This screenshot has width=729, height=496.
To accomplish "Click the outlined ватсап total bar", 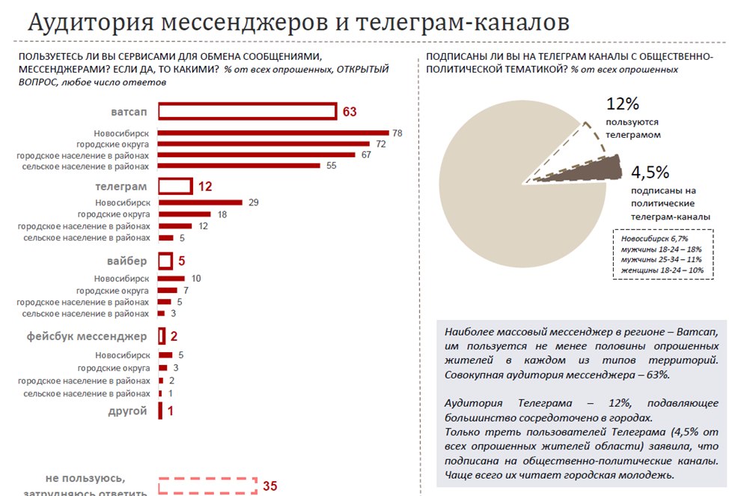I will point(248,112).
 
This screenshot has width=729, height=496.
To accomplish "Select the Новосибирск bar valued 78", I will point(273,133).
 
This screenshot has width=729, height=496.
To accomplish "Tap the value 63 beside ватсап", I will point(350,112).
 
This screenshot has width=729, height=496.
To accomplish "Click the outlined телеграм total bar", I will point(175,186).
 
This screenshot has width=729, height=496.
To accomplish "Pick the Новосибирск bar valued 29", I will point(201,202).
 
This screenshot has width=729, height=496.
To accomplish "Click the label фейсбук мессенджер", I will point(88,336).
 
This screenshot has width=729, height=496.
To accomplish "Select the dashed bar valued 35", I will point(207,486).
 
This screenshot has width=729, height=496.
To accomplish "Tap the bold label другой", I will point(130,411).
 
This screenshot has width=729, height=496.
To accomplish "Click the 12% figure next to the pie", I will point(623,104).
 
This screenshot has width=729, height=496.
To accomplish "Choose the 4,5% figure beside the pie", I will point(650,172).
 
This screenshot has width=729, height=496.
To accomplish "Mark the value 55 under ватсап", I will point(331,166).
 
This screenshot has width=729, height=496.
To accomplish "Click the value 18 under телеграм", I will point(222,214).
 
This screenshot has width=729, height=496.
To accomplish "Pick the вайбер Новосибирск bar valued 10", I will point(171,278).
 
